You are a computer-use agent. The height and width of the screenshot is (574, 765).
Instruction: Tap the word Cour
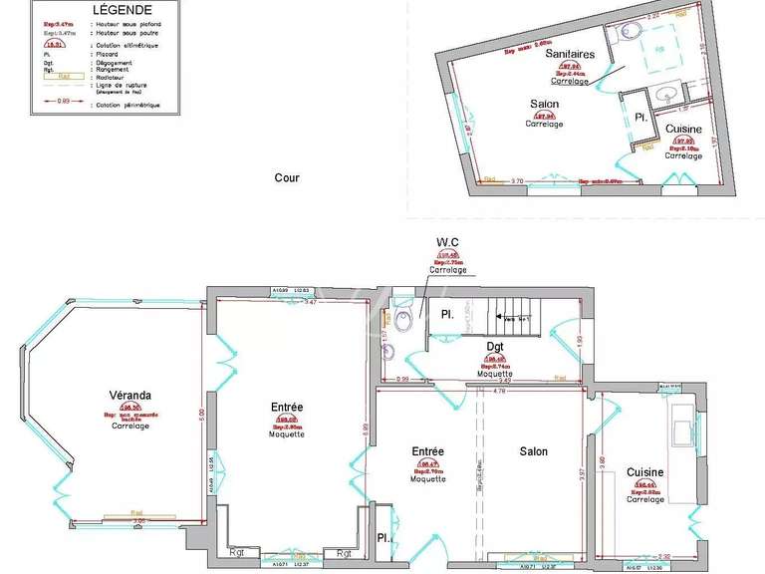[286, 178]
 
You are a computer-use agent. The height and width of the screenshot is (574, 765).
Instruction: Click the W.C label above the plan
[446, 242]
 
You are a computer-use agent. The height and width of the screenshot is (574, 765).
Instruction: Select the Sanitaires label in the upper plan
[570, 56]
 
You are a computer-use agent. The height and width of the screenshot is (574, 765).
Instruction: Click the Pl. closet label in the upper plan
[640, 117]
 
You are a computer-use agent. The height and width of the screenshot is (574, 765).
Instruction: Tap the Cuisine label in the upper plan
[683, 130]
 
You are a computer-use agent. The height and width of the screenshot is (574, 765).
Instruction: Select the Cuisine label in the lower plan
[645, 472]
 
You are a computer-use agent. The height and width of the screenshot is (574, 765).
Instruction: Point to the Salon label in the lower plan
[533, 451]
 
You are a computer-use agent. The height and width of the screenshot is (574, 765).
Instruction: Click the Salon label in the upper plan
[544, 105]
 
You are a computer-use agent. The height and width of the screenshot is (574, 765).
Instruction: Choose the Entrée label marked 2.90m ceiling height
[286, 407]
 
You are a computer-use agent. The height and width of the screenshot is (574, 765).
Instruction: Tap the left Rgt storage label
[237, 553]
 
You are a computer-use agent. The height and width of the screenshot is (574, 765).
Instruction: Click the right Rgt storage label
[344, 553]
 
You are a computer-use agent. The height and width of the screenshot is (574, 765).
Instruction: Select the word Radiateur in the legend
[113, 74]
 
